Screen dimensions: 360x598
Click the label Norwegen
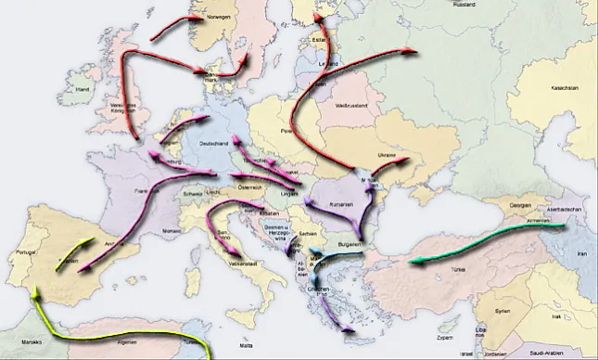tap(218, 17)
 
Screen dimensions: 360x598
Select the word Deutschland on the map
tap(216, 145)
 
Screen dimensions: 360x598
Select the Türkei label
tap(458, 268)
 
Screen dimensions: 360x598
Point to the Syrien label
tap(502, 311)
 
